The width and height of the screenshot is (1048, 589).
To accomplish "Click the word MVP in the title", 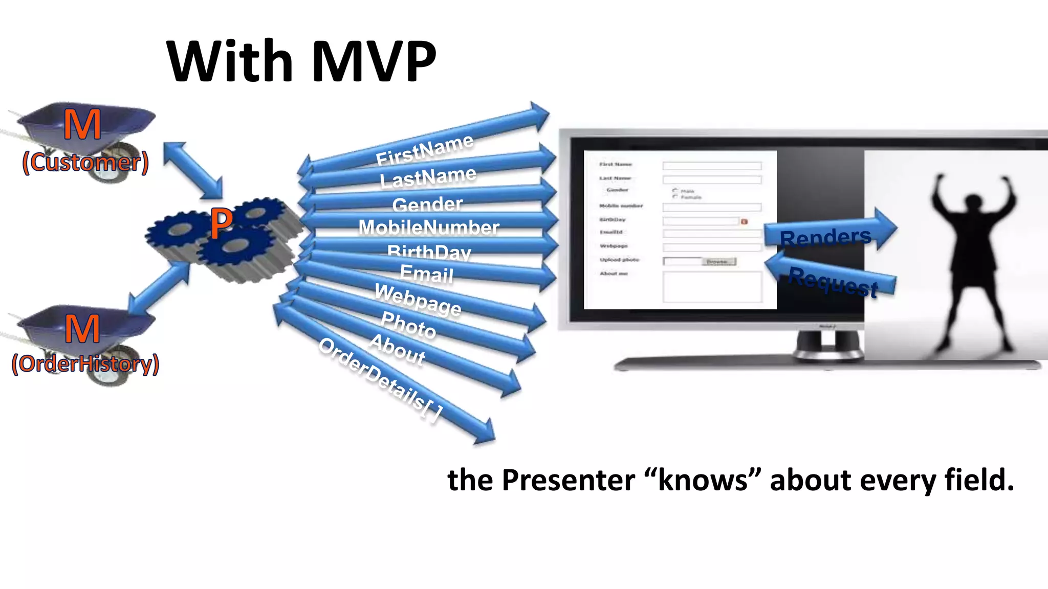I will pyautogui.click(x=374, y=61).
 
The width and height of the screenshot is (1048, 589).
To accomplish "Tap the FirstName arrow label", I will pyautogui.click(x=425, y=149).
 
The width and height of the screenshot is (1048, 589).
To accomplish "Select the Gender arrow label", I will pyautogui.click(x=427, y=205).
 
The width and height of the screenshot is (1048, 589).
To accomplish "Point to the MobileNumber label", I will pyautogui.click(x=429, y=228).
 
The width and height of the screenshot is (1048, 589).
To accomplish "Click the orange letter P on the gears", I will pyautogui.click(x=221, y=223).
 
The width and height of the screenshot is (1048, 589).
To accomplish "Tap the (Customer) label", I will pyautogui.click(x=85, y=163).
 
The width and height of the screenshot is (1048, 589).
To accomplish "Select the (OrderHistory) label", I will pyautogui.click(x=85, y=364).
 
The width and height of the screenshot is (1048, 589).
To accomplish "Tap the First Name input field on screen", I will pyautogui.click(x=712, y=166).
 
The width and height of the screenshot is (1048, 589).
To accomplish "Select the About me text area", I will pyautogui.click(x=712, y=287).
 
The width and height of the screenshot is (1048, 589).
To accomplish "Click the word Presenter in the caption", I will pyautogui.click(x=568, y=481).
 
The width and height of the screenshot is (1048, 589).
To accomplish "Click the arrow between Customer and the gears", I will pyautogui.click(x=193, y=170).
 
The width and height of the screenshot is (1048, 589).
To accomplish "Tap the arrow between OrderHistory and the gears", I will pyautogui.click(x=159, y=288).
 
